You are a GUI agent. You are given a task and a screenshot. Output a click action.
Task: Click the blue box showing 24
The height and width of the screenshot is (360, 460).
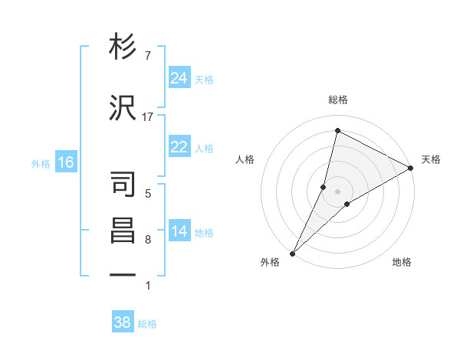179,78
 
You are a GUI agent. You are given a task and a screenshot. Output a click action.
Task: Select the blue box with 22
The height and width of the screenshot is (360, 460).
179,148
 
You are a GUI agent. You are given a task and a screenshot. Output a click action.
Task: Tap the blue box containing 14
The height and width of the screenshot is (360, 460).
179,232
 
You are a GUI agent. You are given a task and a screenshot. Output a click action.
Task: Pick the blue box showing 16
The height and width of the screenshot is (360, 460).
66,162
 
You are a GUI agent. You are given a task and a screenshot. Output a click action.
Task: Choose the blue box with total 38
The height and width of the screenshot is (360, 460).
123,322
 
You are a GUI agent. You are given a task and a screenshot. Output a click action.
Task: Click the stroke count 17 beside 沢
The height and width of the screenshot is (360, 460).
148,116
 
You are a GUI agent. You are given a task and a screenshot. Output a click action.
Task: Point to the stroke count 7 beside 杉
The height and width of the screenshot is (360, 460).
148,56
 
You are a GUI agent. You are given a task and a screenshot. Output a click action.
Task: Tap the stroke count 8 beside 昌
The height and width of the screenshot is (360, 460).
148,240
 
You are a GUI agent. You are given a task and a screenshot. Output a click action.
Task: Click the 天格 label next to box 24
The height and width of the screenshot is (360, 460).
204,79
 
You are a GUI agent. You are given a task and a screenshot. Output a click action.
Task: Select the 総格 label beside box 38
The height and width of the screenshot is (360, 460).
147,323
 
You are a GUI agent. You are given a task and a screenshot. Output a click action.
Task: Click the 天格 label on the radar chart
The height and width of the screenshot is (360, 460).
431,159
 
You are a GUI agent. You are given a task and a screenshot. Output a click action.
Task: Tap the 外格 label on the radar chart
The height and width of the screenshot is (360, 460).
270,263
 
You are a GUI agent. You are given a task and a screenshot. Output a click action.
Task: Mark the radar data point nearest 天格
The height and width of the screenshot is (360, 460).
411,168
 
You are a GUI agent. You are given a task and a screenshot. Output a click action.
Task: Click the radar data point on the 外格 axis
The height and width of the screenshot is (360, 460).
292,253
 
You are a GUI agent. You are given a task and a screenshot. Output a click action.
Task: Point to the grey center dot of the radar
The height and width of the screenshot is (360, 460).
337,191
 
